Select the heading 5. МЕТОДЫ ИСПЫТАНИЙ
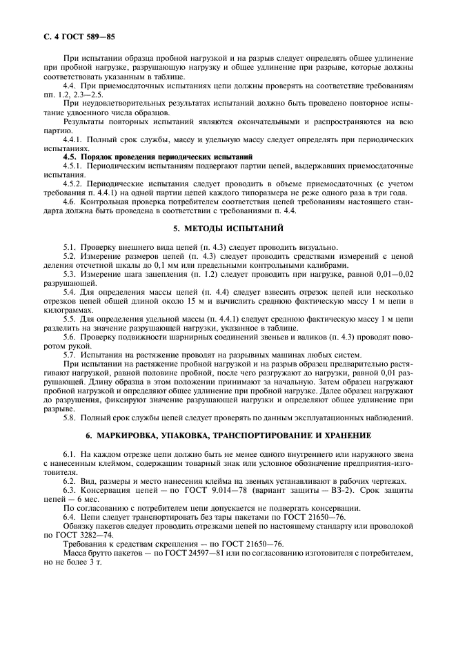[228, 227]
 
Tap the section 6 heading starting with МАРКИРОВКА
[228, 435]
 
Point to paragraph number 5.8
[70, 418]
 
